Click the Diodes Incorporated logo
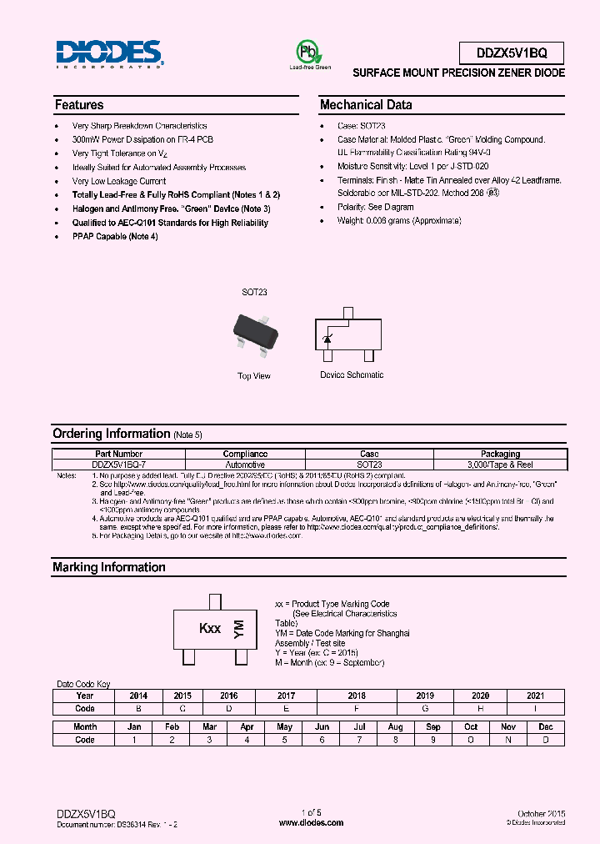pos(109,53)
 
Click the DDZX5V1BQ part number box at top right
pos(511,53)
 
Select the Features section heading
pos(79,105)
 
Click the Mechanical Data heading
pos(366,105)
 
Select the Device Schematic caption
pos(352,375)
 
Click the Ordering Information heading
pos(111,434)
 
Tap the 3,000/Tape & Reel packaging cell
pos(500,465)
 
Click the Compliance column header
pos(245,455)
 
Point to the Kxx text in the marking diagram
pos(209,629)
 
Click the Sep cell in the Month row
pos(433,726)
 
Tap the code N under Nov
pos(509,739)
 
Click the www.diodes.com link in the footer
pos(311,822)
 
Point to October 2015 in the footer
pos(541,813)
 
